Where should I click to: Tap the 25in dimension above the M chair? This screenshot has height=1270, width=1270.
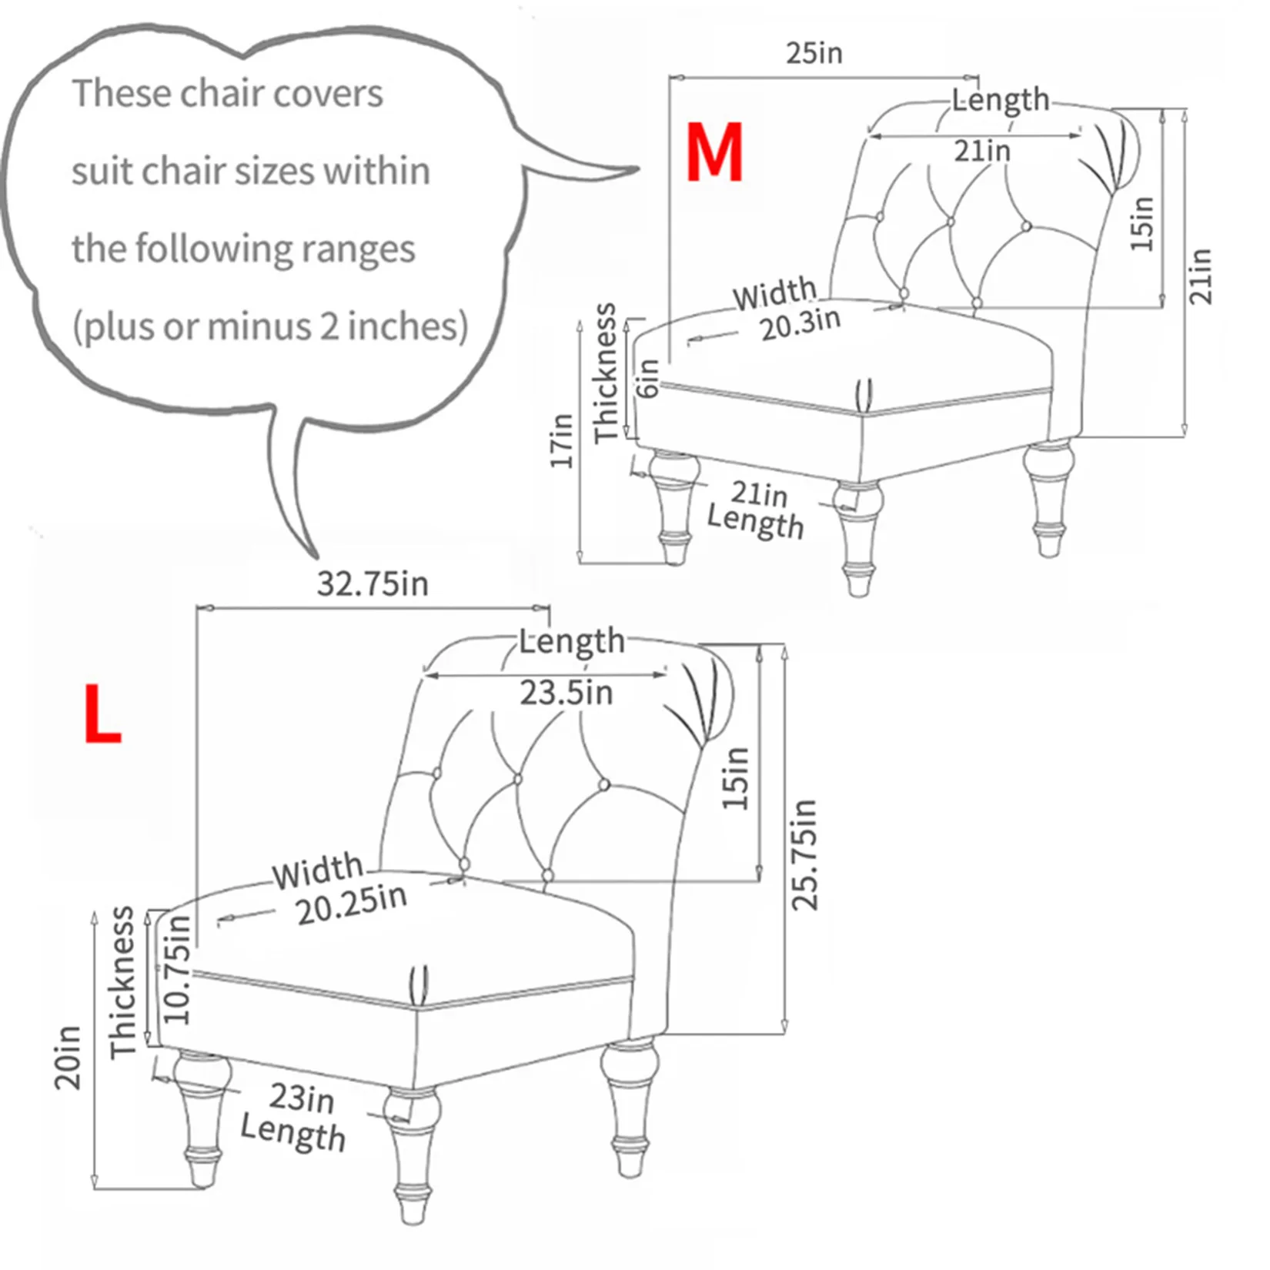[x=814, y=53]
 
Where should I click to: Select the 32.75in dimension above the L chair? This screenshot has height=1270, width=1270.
[x=373, y=583]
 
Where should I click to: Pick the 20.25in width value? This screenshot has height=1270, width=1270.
[x=351, y=905]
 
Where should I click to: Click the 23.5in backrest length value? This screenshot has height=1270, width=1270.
[x=566, y=693]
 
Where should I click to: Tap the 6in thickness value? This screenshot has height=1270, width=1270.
[x=649, y=378]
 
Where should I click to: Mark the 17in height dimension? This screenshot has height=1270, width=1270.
[x=563, y=440]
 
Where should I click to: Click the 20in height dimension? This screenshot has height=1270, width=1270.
[x=68, y=1057]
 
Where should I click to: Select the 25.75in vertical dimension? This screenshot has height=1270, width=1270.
[x=804, y=854]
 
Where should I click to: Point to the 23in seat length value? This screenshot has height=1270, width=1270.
[x=301, y=1098]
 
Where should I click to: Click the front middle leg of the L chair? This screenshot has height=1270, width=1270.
[x=412, y=1155]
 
